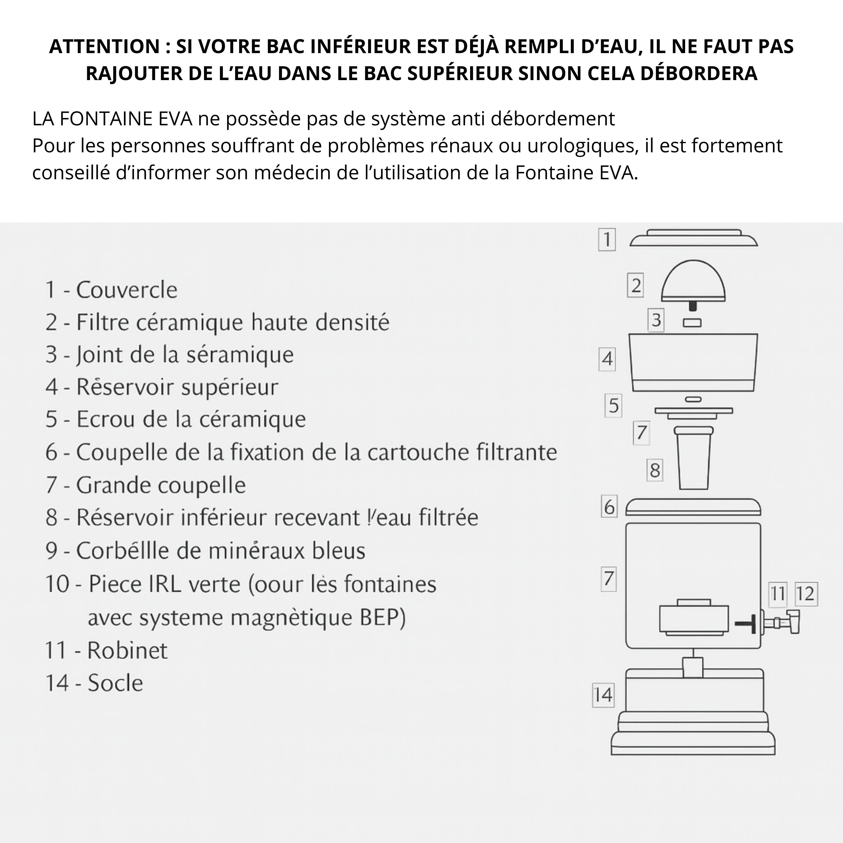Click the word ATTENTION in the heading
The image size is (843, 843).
[105, 46]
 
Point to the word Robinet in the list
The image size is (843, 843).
[127, 651]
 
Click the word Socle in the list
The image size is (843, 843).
[115, 683]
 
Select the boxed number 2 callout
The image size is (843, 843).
[636, 286]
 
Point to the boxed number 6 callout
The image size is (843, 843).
[609, 507]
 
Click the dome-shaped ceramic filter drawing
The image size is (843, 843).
[693, 283]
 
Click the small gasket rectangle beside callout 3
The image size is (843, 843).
[692, 323]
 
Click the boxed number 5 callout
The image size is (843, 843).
[613, 406]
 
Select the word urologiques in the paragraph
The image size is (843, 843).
[580, 146]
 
